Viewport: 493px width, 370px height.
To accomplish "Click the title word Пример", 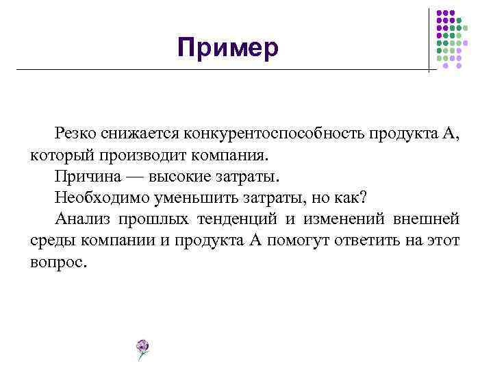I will (227, 48).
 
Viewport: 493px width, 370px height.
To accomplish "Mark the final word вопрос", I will (59, 262).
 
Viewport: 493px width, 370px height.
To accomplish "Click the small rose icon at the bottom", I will (142, 349).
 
